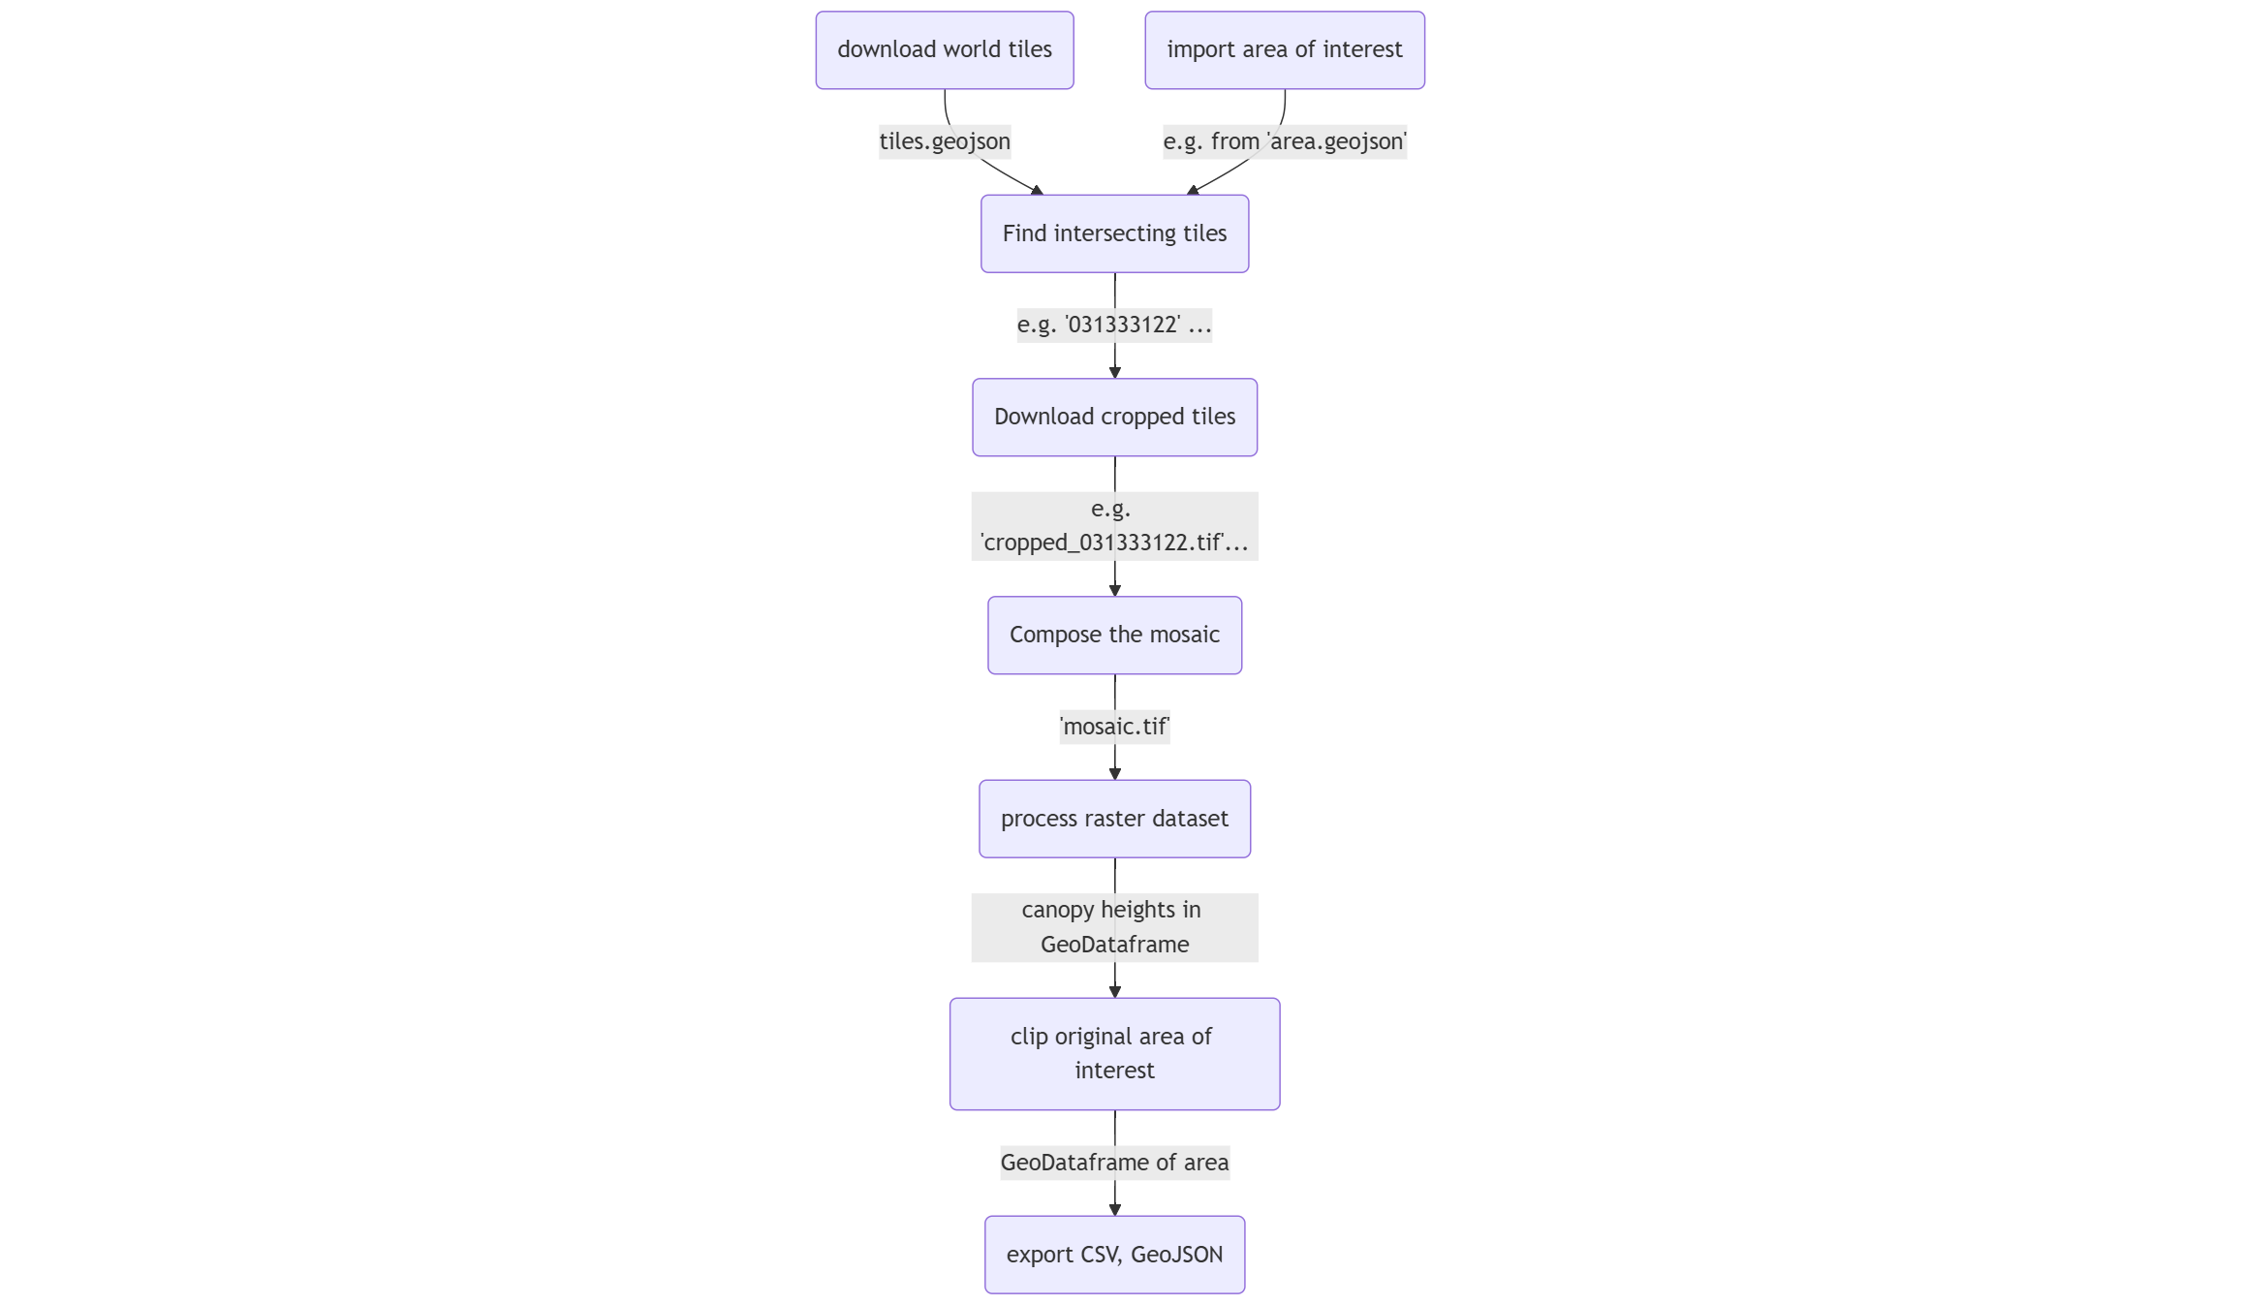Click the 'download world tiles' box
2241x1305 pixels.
(x=944, y=50)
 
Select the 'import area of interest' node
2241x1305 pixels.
(x=1284, y=50)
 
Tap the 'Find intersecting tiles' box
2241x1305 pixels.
(x=1114, y=233)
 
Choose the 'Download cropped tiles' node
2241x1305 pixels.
(x=1114, y=417)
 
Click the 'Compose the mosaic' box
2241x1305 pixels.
(x=1114, y=635)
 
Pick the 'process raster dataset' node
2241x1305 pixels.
(x=1114, y=819)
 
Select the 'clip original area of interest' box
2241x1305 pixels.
(x=1114, y=1053)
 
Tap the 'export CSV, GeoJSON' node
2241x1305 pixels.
(x=1114, y=1254)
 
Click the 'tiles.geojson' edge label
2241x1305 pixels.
(x=945, y=141)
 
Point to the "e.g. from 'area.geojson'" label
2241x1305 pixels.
(x=1285, y=141)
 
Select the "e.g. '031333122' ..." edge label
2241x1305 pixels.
(x=1114, y=325)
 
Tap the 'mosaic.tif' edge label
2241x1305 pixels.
(x=1114, y=727)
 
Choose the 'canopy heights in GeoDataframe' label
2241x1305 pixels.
(x=1114, y=927)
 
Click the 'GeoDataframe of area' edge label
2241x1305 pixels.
(x=1114, y=1163)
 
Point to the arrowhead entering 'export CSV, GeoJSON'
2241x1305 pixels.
(x=1115, y=1209)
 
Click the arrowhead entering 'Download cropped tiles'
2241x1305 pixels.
(x=1115, y=372)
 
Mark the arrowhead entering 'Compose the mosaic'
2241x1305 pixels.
(x=1115, y=590)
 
